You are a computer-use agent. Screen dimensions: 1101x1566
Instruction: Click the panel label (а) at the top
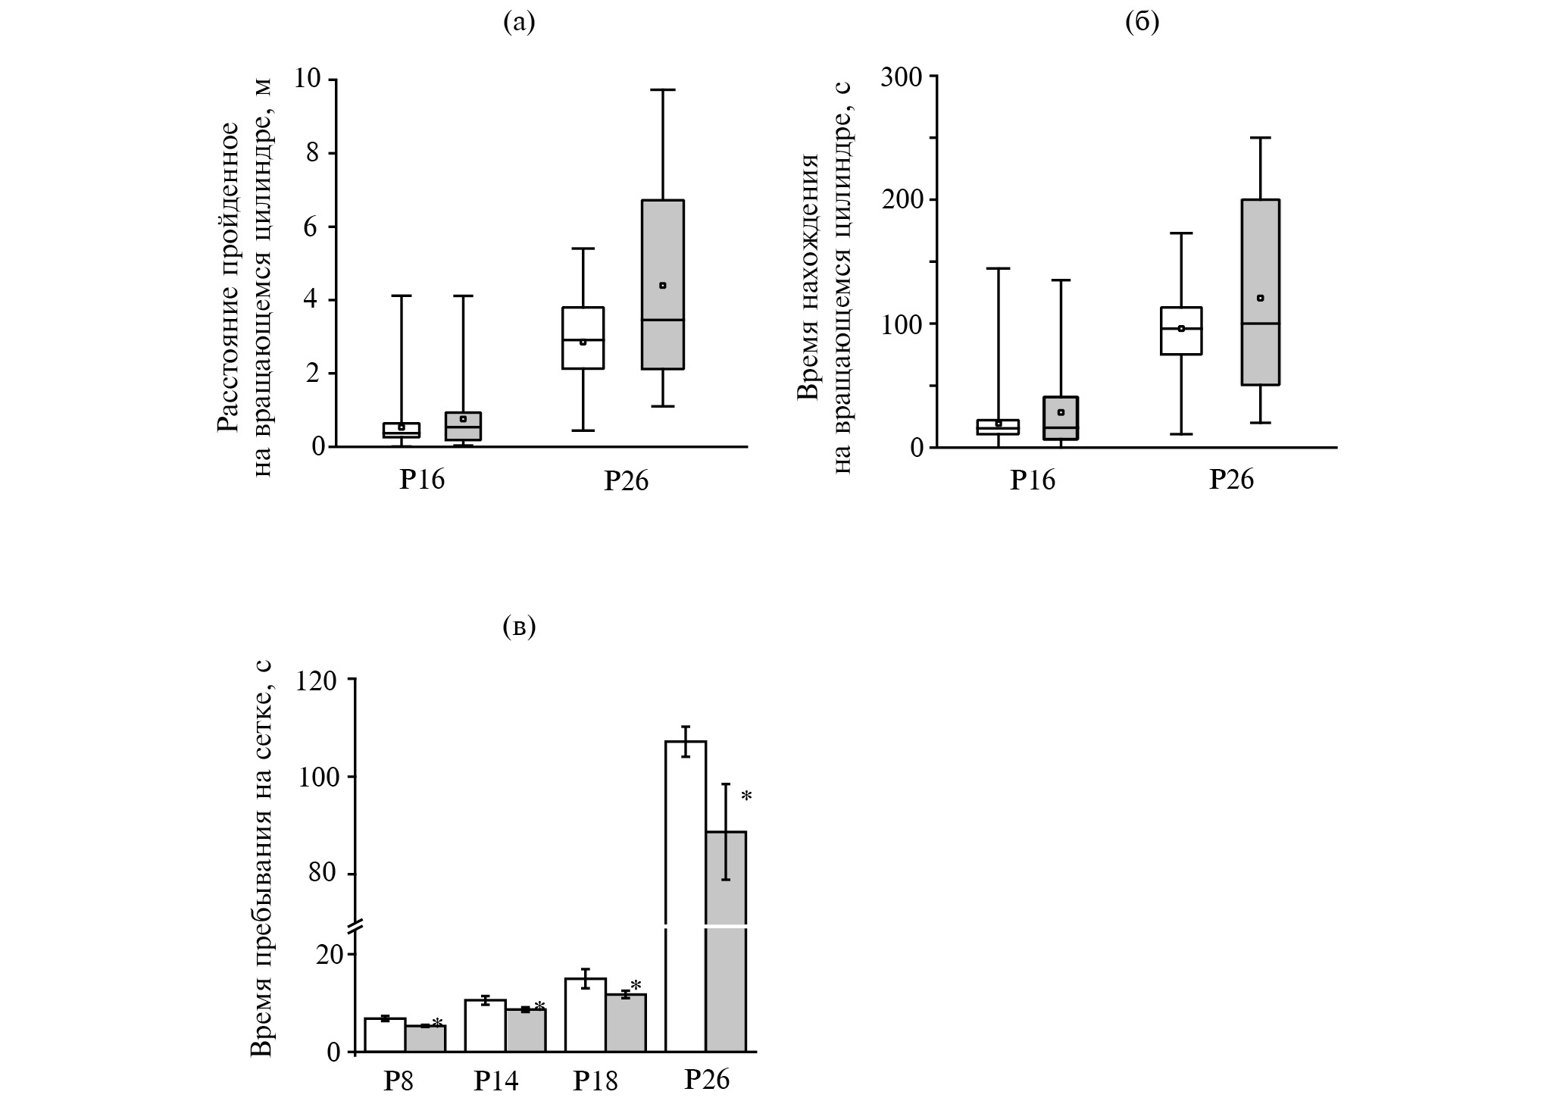(519, 23)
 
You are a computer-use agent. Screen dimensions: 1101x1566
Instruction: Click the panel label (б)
(1142, 23)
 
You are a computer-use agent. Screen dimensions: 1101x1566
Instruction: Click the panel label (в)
(519, 627)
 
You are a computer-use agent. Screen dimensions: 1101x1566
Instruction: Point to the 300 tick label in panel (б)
(900, 77)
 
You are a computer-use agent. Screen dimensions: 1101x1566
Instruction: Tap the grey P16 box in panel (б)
(1061, 424)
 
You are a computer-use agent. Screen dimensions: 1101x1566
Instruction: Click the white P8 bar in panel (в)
(385, 1036)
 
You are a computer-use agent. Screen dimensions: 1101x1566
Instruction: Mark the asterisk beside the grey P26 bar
(746, 796)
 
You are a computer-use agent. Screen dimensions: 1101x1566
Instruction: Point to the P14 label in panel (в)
(496, 1080)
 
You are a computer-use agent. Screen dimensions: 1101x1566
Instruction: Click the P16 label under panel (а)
(422, 480)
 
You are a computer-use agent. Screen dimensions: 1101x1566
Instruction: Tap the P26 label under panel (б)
(1231, 479)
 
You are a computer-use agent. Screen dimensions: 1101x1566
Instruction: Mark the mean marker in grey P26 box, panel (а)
(663, 286)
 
